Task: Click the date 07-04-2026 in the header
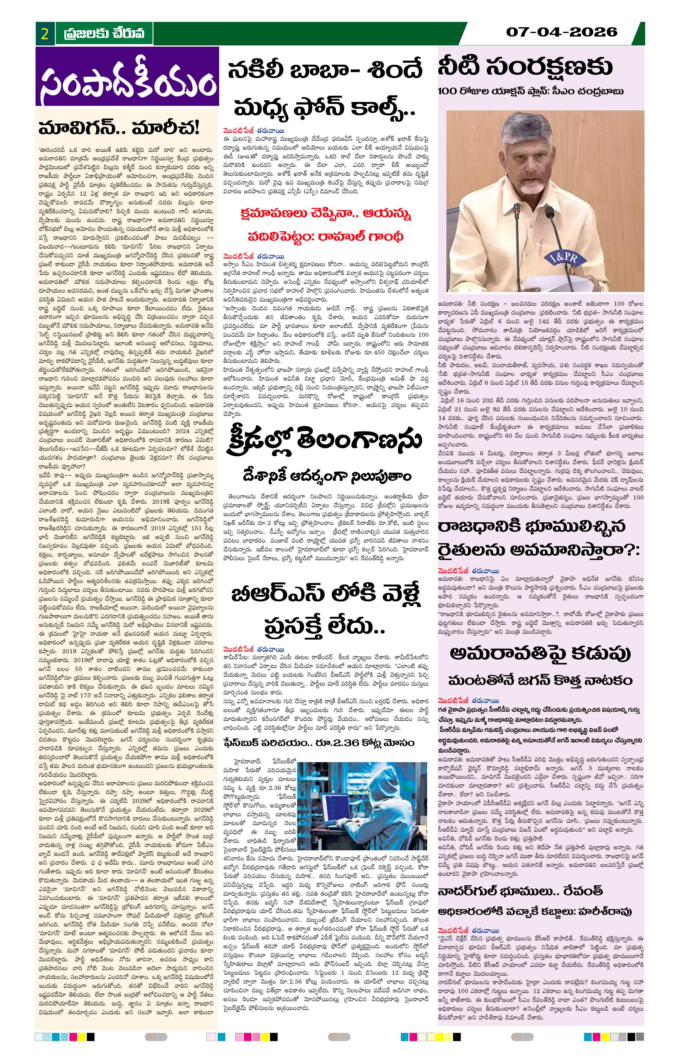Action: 561,32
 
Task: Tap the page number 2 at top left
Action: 44,34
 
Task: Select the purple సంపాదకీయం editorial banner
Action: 127,77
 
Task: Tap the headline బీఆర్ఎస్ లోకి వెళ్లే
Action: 326,595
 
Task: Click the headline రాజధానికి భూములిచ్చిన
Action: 526,527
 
